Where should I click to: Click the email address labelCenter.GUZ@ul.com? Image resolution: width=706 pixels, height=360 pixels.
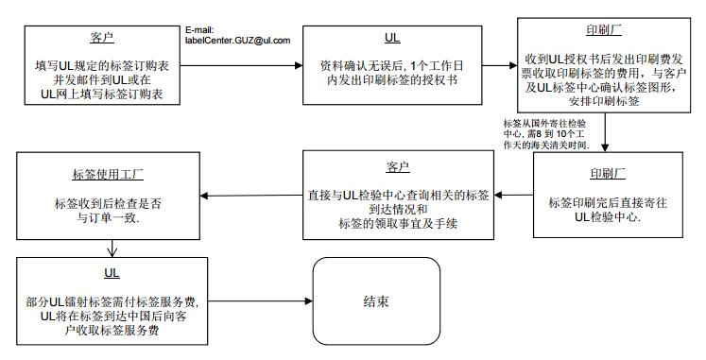coord(238,41)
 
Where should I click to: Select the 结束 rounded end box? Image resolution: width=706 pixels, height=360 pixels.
coord(376,302)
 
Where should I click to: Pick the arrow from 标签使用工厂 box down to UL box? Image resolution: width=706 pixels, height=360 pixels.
coord(113,249)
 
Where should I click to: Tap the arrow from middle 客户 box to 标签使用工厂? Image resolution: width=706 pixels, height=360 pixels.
coord(251,197)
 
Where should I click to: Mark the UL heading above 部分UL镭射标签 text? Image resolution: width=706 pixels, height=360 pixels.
coord(112,272)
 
